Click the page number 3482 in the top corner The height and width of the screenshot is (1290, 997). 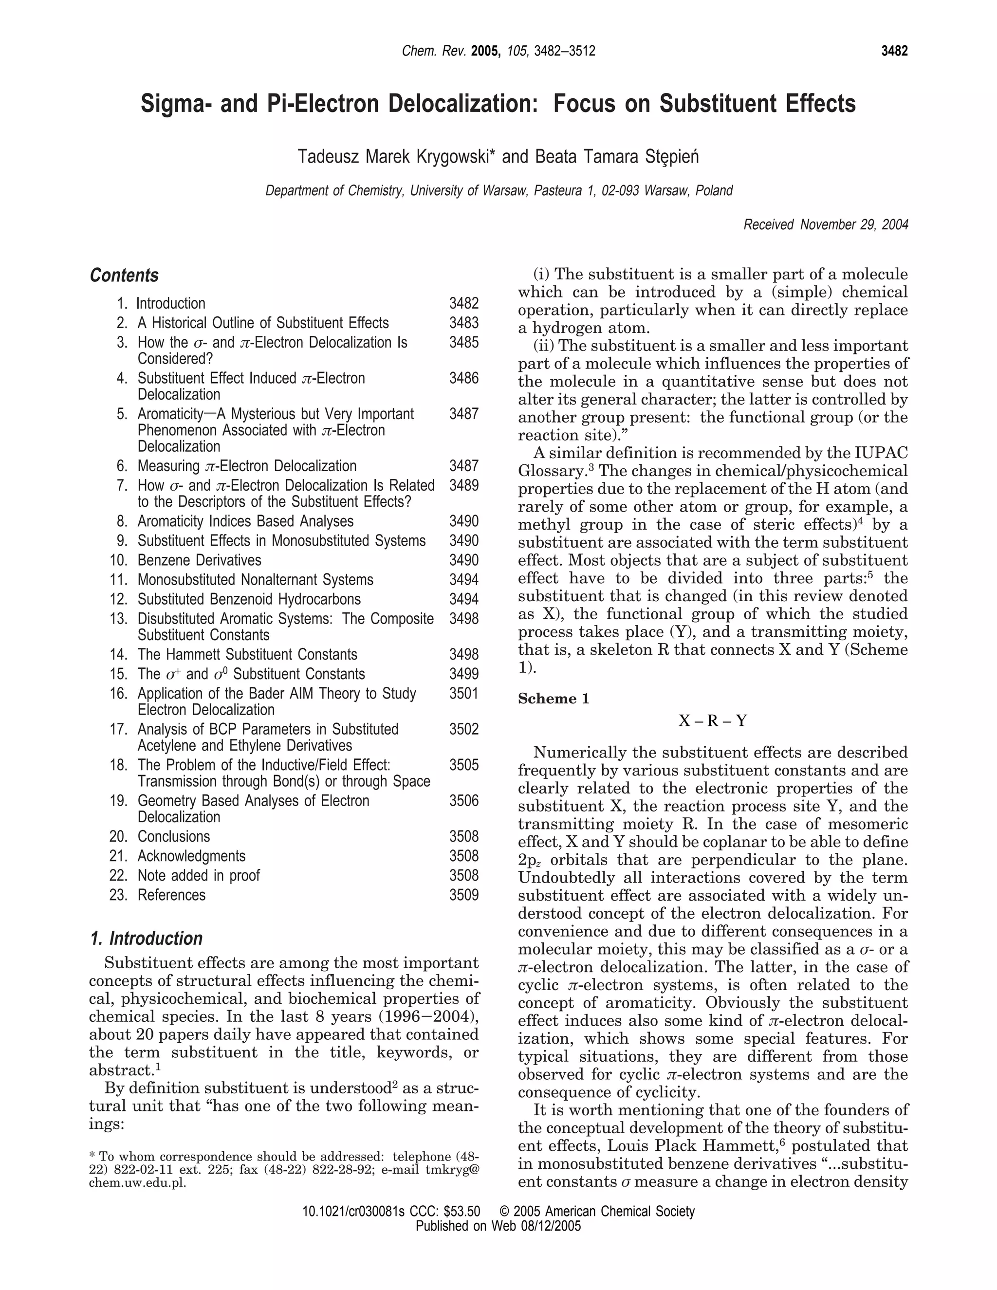click(x=894, y=52)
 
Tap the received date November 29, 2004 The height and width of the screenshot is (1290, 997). click(x=853, y=225)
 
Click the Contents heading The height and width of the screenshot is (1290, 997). click(x=124, y=275)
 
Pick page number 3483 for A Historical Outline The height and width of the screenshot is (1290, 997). click(x=463, y=323)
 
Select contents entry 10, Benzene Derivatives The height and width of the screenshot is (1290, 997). click(x=199, y=560)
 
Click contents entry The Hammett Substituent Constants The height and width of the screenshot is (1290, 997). click(x=247, y=654)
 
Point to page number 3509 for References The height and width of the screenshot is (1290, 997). click(x=463, y=895)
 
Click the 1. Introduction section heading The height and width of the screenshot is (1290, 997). click(x=146, y=939)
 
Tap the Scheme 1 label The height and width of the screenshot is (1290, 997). click(x=554, y=699)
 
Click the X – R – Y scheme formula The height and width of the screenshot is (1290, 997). click(x=713, y=721)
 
